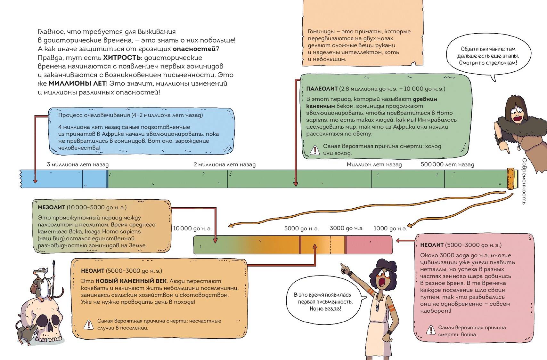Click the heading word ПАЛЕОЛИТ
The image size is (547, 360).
coord(322,89)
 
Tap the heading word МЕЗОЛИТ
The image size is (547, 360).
coord(51,207)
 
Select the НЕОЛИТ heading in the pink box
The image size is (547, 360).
coord(432,245)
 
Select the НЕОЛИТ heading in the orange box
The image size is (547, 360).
coord(93,271)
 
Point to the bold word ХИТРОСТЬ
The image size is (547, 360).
coord(122,58)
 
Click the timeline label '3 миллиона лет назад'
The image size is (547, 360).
coord(78,164)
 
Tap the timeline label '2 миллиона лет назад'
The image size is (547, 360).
coord(225,164)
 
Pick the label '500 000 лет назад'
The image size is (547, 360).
coord(447,164)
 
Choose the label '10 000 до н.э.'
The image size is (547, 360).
coord(192,228)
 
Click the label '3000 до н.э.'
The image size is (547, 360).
coord(347,228)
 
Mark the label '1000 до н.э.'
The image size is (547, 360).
coord(390,228)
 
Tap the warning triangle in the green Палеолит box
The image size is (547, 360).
coord(315,150)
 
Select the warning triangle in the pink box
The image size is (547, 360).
coord(431,330)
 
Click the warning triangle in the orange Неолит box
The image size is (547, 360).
coord(88,324)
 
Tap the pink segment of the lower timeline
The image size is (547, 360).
coord(369,245)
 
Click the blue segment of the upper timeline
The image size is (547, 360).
coord(64,179)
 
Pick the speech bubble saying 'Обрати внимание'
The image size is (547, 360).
coord(488,56)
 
